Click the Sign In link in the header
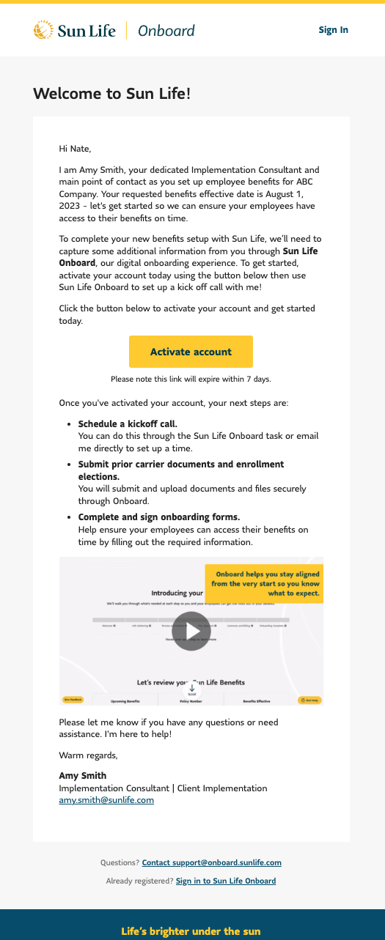coord(333,30)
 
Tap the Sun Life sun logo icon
coord(43,30)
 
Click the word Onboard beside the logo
coord(166,31)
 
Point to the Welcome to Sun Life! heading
coord(111,94)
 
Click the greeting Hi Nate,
coord(75,149)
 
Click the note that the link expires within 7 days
coord(191,379)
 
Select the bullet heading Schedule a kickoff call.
coord(128,424)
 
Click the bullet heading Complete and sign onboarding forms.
coord(158,517)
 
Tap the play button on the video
coord(191,631)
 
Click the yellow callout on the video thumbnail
coord(265,583)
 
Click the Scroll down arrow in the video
coord(191,689)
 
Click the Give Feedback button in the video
coord(73,700)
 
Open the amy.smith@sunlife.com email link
coord(106,801)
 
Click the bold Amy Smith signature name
coord(83,776)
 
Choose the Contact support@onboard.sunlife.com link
coord(211,863)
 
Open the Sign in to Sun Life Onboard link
coord(226,881)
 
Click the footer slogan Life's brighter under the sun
coord(191,932)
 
